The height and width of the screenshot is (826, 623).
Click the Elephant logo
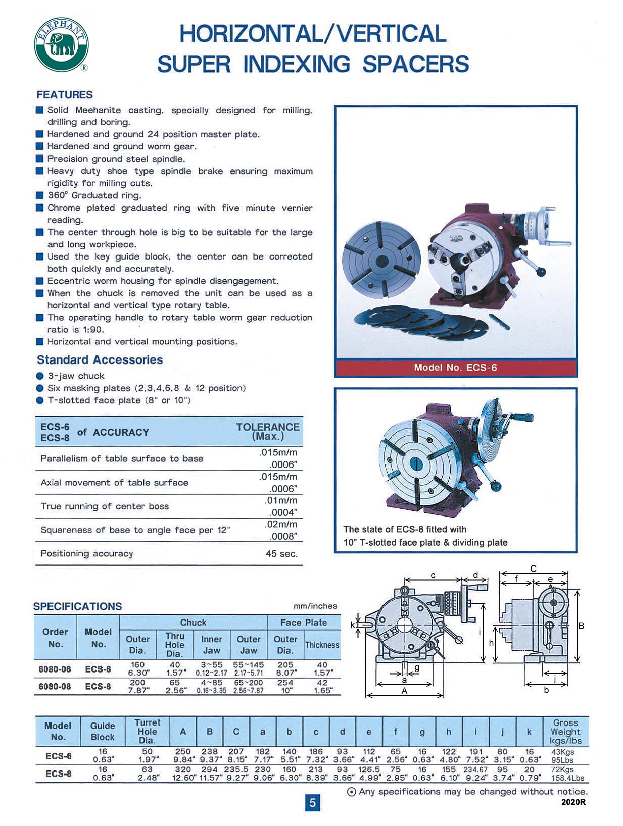[61, 44]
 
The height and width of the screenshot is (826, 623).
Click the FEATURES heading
[65, 95]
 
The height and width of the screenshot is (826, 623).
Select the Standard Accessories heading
[100, 360]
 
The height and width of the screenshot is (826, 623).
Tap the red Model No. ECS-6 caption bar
[455, 367]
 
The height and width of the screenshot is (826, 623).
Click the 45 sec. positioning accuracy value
[281, 553]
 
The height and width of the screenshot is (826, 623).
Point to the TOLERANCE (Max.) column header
[268, 431]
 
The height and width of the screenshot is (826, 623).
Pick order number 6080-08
[55, 686]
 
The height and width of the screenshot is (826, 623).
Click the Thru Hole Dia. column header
[175, 645]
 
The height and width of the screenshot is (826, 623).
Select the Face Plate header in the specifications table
[303, 623]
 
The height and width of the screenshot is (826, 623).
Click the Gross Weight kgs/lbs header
[565, 732]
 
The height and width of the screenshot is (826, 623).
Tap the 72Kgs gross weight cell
[562, 769]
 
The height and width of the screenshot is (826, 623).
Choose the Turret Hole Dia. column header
[147, 731]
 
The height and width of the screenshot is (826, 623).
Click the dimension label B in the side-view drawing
[581, 626]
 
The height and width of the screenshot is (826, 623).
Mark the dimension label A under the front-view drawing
[404, 691]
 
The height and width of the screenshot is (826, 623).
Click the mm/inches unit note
[315, 606]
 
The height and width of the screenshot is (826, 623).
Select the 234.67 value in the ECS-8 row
[475, 769]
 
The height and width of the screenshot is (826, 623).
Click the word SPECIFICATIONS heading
[77, 606]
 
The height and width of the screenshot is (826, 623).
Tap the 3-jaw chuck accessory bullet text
[76, 376]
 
